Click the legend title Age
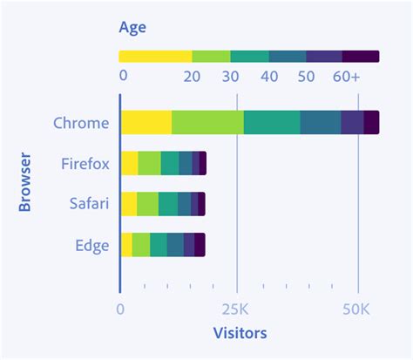(133, 27)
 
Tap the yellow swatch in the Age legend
(155, 57)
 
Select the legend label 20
(193, 76)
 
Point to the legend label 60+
(346, 76)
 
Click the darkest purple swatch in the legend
(361, 57)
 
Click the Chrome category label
(81, 123)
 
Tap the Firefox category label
(85, 164)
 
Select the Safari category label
(89, 204)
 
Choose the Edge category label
(91, 245)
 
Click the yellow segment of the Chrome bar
(146, 123)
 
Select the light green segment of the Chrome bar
(207, 123)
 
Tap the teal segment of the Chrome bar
(272, 123)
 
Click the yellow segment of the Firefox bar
(129, 164)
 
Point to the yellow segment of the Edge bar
(126, 245)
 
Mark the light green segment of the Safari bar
(148, 204)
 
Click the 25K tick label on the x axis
(237, 309)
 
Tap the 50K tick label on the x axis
(358, 309)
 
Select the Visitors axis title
(240, 333)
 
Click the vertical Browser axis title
(25, 183)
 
